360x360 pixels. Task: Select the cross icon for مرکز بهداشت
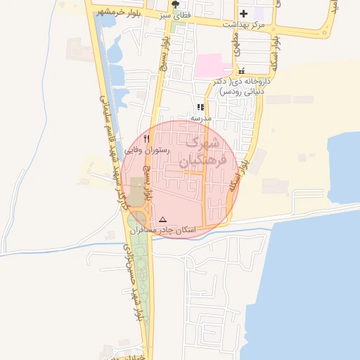point(243,13)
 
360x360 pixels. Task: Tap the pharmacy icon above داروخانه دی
point(242,71)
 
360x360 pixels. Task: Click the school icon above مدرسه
point(200,108)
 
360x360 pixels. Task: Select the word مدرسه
point(200,119)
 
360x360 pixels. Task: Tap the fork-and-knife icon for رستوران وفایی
point(147,139)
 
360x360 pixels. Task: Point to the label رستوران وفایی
point(143,150)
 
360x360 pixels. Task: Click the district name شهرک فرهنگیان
point(204,151)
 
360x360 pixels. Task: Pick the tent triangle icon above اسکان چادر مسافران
point(163,219)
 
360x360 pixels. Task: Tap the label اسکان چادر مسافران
point(169,230)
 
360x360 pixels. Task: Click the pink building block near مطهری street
point(212,66)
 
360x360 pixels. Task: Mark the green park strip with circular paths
point(139,281)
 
